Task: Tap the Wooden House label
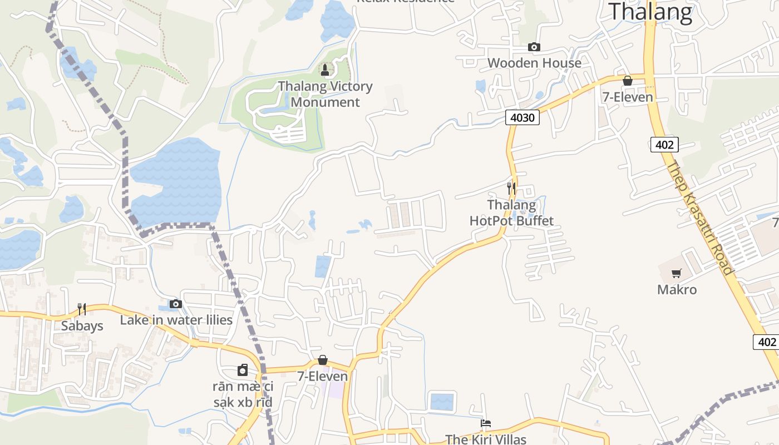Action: (534, 63)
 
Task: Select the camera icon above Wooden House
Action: (534, 47)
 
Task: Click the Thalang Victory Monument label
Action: (326, 94)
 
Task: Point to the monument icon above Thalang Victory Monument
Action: (325, 70)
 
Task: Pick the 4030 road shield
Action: (522, 117)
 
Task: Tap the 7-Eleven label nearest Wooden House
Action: (628, 97)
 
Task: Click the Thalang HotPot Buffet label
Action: (512, 213)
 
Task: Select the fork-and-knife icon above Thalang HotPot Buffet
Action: (511, 188)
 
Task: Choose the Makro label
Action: (677, 289)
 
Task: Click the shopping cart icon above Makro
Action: (677, 273)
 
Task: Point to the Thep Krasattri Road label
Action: (699, 217)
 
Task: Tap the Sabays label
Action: (82, 325)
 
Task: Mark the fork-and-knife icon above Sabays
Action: (82, 309)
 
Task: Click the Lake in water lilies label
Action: (176, 320)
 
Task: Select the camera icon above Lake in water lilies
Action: (176, 304)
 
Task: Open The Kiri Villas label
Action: (486, 439)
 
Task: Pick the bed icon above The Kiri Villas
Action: (486, 423)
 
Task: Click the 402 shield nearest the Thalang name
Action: (664, 145)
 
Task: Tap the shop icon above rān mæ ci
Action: (243, 370)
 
